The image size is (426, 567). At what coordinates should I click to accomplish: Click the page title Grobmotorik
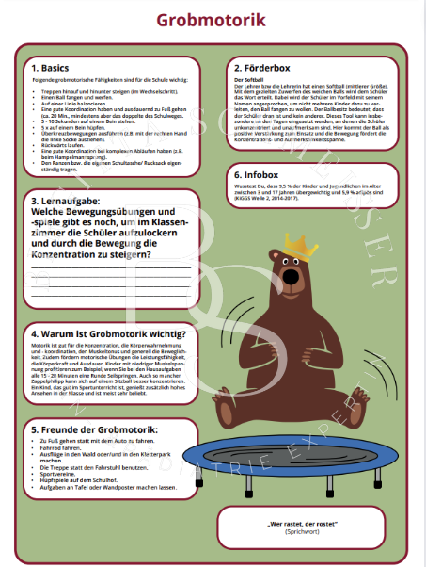(x=212, y=20)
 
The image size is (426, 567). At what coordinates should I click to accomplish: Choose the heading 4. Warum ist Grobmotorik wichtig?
(x=109, y=333)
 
